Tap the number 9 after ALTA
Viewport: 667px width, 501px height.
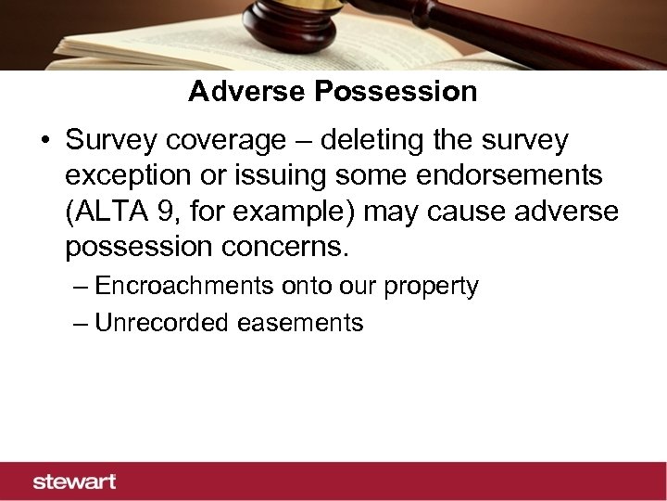(x=164, y=212)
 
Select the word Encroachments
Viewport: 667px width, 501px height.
(x=183, y=286)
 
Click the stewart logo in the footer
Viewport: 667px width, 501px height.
(x=75, y=482)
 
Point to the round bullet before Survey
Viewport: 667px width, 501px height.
(x=45, y=142)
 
